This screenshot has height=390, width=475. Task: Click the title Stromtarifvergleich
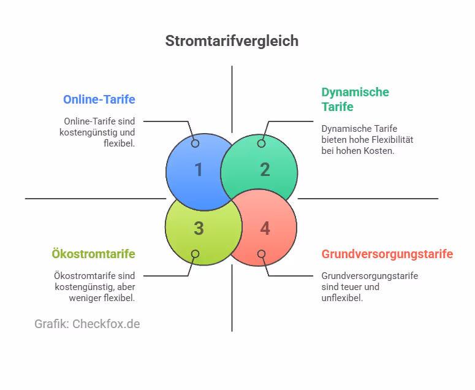(x=232, y=41)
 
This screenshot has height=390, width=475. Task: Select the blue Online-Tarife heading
(x=99, y=99)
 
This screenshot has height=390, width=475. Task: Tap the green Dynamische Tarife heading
(x=355, y=99)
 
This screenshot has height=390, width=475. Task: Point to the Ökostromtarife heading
(x=93, y=254)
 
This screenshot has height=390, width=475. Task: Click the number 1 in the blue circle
(x=198, y=170)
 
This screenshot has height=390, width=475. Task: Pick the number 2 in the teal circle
(x=265, y=170)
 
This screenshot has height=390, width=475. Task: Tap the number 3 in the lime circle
(x=198, y=229)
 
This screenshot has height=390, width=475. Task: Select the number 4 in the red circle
(x=265, y=229)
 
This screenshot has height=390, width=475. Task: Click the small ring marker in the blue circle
(x=196, y=143)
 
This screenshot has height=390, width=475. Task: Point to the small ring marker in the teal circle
(x=261, y=143)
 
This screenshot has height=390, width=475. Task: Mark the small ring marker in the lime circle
(x=196, y=254)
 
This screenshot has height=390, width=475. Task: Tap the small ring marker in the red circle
(x=261, y=254)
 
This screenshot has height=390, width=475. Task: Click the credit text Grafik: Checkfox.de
(x=87, y=324)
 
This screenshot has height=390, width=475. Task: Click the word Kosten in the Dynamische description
(x=380, y=151)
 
